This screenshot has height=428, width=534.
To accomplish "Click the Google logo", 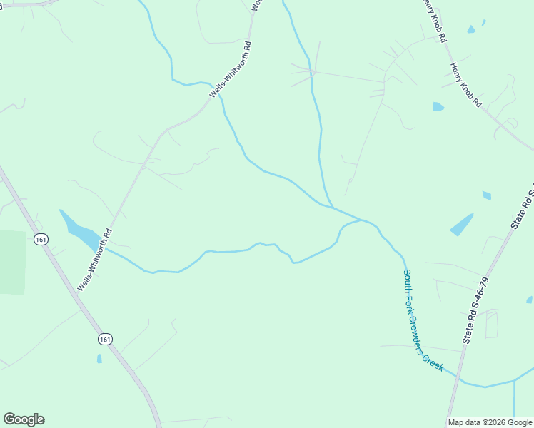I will tap(24, 419).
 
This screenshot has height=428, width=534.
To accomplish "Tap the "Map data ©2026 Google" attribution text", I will tap(490, 422).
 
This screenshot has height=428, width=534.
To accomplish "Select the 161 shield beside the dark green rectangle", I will tap(41, 240).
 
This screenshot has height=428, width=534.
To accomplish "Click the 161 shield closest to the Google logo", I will tap(105, 339).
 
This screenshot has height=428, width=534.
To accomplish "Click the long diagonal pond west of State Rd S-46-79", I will tap(462, 225).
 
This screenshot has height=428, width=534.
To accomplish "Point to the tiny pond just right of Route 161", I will tap(99, 358).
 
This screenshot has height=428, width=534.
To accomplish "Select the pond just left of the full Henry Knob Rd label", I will tap(438, 107).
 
